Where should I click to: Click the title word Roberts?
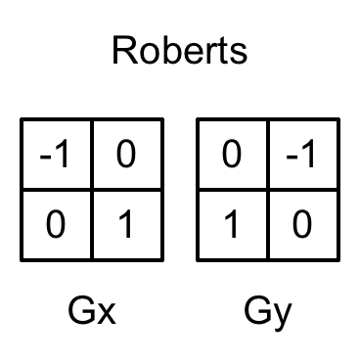click(x=179, y=50)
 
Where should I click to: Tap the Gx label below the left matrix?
click(x=93, y=313)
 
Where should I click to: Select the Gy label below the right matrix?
click(x=268, y=313)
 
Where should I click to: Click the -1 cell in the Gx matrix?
click(x=57, y=155)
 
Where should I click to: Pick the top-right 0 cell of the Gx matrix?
click(x=127, y=155)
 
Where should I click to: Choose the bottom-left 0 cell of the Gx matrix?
click(x=57, y=225)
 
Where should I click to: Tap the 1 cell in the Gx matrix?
click(x=127, y=225)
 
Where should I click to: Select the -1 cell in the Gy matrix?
click(x=303, y=155)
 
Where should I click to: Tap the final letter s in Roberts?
click(x=237, y=54)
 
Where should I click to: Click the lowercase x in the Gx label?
click(x=107, y=316)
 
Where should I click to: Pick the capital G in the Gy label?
click(x=257, y=312)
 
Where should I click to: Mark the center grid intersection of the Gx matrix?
click(x=92, y=190)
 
